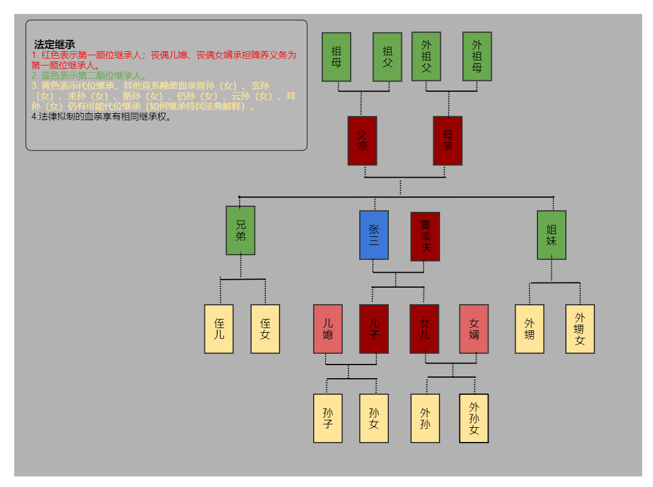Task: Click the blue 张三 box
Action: tap(374, 235)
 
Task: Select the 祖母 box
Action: tap(336, 57)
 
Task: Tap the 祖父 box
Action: tap(388, 57)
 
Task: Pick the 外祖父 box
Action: tap(426, 56)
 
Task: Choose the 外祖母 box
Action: tap(477, 56)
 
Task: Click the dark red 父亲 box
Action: tap(362, 141)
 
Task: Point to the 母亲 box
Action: tap(447, 141)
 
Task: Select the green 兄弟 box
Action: tap(241, 230)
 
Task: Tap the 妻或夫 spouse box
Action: tap(425, 236)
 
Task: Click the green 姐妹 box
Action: tap(552, 235)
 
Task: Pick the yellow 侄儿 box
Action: tap(219, 329)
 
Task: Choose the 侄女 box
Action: tap(265, 329)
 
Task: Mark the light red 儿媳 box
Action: tap(328, 329)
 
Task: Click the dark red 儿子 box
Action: tap(374, 329)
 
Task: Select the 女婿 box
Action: tap(474, 329)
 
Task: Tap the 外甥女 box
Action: tap(580, 329)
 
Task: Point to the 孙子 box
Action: tap(328, 418)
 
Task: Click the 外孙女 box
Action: tap(474, 418)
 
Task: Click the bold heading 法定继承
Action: tap(55, 44)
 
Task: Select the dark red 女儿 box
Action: tap(425, 329)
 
